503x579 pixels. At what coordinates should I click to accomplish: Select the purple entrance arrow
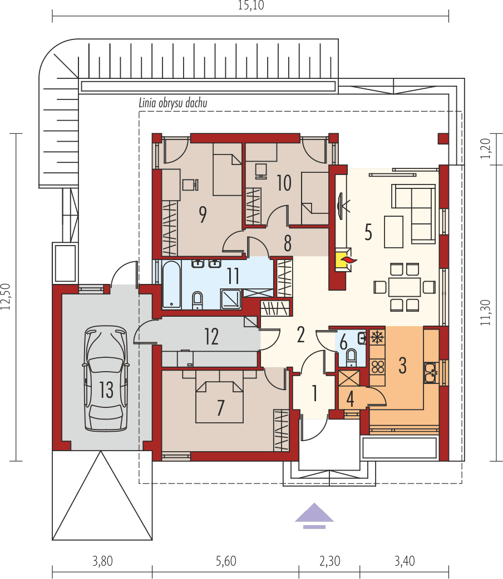(x=314, y=514)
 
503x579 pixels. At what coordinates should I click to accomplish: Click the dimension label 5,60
(x=225, y=561)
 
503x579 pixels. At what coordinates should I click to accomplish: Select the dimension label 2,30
(x=329, y=561)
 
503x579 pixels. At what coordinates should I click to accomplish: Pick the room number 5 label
(x=368, y=232)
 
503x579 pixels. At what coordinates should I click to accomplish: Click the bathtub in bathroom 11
(x=171, y=284)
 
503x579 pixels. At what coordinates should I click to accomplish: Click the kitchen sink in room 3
(x=431, y=372)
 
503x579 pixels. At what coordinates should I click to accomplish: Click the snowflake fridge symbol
(x=377, y=336)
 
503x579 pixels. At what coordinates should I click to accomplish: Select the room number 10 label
(x=284, y=183)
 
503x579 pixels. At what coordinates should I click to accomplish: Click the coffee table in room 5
(x=393, y=232)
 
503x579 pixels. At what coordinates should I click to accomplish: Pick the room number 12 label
(x=211, y=337)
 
